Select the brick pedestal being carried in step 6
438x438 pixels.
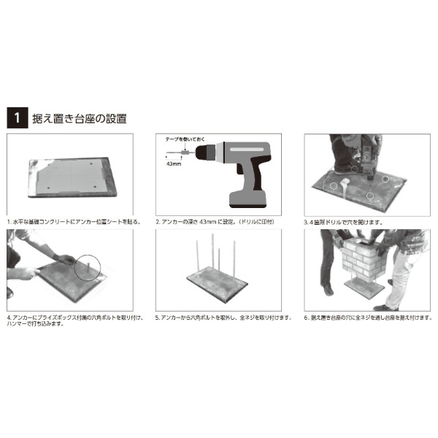click(x=361, y=264)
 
